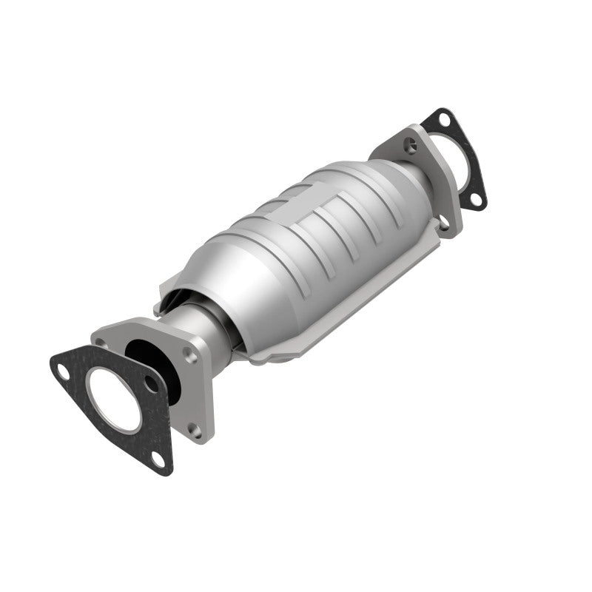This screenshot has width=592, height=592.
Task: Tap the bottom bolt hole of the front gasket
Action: coord(157,460)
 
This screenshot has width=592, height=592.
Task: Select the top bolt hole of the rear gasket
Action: coord(443,118)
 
